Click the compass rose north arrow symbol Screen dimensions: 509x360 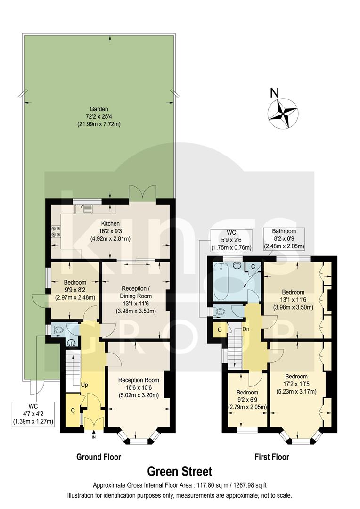point(282,113)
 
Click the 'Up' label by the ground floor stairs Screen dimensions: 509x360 point(85,385)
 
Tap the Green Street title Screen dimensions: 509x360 point(180,471)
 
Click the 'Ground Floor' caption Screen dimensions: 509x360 point(99,457)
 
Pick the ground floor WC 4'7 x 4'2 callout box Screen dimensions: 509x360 point(33,414)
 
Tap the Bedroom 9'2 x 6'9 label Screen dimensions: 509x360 point(247,400)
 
